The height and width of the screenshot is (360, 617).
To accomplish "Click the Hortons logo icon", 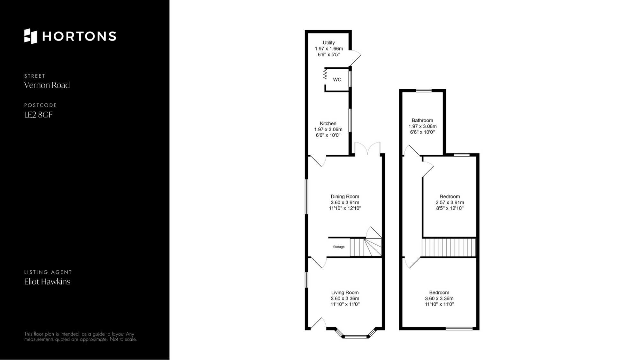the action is (31, 36).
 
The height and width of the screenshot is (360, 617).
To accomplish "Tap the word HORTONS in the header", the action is (79, 36).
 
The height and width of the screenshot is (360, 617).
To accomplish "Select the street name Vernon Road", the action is (47, 85).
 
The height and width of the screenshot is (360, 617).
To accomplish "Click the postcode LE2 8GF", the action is (38, 114).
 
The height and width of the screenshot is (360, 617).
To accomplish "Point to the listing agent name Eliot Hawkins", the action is (47, 282).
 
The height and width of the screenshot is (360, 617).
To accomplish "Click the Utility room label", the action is (329, 43).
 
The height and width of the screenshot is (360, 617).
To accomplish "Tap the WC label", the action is (337, 79).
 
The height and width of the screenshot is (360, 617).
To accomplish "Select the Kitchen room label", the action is (328, 123).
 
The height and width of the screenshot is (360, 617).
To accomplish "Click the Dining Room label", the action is (345, 196).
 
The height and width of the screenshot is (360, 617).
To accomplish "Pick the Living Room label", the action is (345, 292).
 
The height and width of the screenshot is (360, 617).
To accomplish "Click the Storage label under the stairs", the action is (339, 247).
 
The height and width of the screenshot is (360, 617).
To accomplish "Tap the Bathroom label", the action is (422, 121).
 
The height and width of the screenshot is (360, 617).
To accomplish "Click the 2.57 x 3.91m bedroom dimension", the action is (450, 203).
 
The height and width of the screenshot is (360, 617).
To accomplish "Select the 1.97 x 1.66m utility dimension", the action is (329, 49).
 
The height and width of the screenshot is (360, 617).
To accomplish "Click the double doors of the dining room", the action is (368, 149).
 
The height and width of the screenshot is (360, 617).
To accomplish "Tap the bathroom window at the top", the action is (424, 91).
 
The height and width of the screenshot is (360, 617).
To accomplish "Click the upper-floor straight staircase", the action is (449, 247).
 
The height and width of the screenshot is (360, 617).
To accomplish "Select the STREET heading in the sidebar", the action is (35, 76).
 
